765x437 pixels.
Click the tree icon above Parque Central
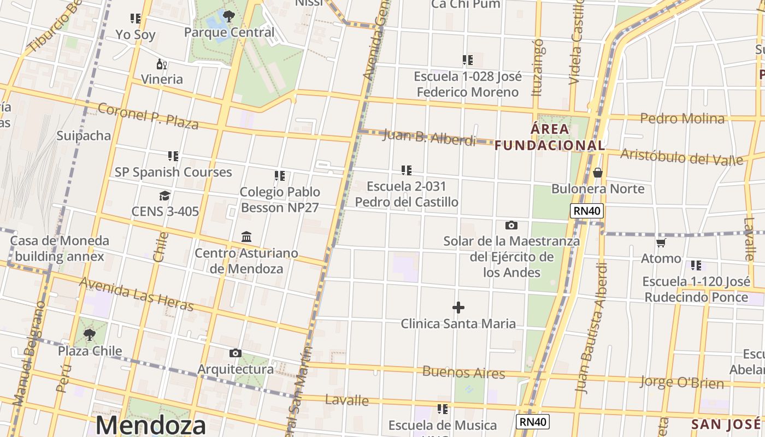tap(229, 16)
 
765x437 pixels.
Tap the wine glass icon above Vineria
tap(162, 64)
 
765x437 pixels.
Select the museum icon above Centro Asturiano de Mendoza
tap(246, 237)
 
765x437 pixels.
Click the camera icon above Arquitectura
tap(236, 353)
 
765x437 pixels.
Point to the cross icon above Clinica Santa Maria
tap(458, 308)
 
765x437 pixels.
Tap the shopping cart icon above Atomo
tap(661, 243)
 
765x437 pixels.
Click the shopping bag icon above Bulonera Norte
tap(598, 173)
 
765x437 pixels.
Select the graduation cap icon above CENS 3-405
tap(164, 196)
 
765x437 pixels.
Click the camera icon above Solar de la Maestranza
tap(511, 225)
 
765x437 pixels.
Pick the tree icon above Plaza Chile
tap(90, 334)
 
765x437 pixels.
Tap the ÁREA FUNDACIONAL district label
tap(550, 138)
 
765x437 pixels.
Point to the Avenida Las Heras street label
tap(137, 294)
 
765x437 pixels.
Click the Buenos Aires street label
tap(464, 373)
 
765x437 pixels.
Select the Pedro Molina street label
tap(682, 119)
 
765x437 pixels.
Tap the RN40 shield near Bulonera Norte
tap(587, 211)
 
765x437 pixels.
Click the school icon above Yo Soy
tap(136, 19)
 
